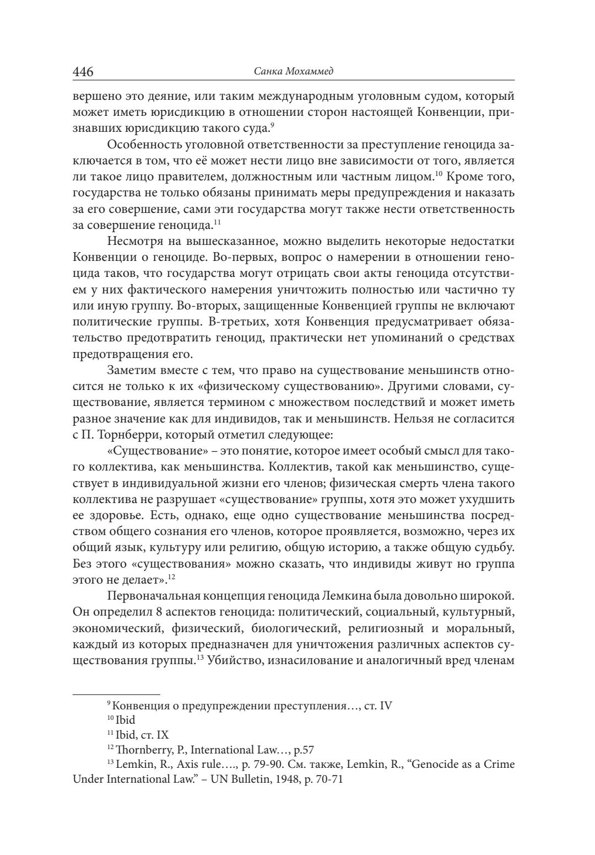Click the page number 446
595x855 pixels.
pos(83,72)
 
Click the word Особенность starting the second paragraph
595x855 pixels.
pos(140,145)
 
